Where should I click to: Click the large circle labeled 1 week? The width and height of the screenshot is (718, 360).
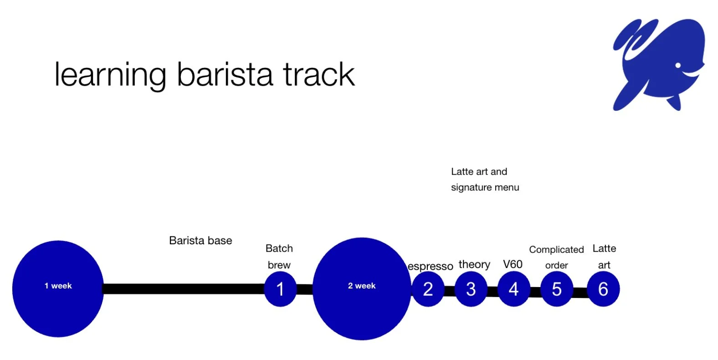pyautogui.click(x=58, y=288)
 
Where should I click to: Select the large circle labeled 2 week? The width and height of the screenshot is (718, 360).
pyautogui.click(x=361, y=288)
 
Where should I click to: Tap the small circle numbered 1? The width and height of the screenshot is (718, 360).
pyautogui.click(x=280, y=289)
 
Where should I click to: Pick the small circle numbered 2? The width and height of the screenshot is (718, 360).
pyautogui.click(x=428, y=289)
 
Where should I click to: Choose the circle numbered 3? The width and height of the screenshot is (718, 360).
pyautogui.click(x=471, y=289)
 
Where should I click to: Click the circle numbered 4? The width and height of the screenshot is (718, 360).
pyautogui.click(x=513, y=289)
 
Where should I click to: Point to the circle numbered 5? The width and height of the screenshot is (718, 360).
pyautogui.click(x=556, y=289)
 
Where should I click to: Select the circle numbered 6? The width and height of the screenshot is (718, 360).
pyautogui.click(x=603, y=289)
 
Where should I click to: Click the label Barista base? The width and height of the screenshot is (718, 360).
pyautogui.click(x=200, y=241)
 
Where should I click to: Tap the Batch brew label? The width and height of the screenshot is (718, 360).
pyautogui.click(x=279, y=257)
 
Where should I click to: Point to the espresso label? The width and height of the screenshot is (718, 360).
pyautogui.click(x=430, y=267)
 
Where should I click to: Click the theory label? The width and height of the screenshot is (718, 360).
pyautogui.click(x=474, y=265)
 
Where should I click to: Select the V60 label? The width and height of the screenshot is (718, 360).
pyautogui.click(x=513, y=264)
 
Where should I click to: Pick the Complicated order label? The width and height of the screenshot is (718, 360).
pyautogui.click(x=556, y=257)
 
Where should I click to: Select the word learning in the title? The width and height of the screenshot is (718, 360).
pyautogui.click(x=110, y=76)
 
